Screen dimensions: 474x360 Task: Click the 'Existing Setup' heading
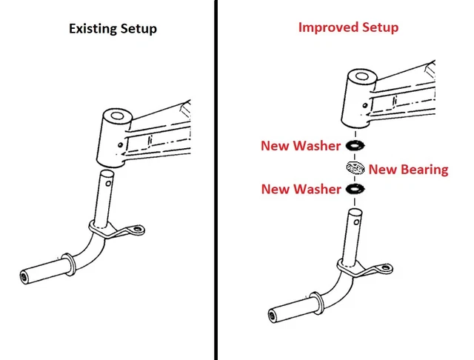[x=113, y=29]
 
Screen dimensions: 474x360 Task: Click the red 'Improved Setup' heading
[x=348, y=27]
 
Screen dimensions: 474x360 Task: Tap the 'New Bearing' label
[x=408, y=170]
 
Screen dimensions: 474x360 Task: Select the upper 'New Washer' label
[x=301, y=146]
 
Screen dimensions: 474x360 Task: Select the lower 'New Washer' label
[x=301, y=189]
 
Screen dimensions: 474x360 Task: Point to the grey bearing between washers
[x=355, y=167]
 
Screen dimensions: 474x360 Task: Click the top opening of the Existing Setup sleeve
[x=117, y=116]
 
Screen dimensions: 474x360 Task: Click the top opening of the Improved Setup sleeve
[x=362, y=76]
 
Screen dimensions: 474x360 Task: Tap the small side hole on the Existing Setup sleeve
[x=120, y=145]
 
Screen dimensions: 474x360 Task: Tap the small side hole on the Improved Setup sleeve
[x=365, y=105]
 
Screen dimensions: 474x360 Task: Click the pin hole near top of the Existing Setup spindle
[x=109, y=183]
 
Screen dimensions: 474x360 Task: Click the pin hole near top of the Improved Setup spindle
[x=356, y=222]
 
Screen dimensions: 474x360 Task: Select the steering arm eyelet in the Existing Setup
[x=138, y=229]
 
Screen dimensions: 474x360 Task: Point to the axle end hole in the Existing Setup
[x=23, y=276]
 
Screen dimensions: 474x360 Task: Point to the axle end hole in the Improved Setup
[x=272, y=316]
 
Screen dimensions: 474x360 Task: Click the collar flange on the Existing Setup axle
[x=70, y=264]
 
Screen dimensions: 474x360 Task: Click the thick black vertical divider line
[x=216, y=180]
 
